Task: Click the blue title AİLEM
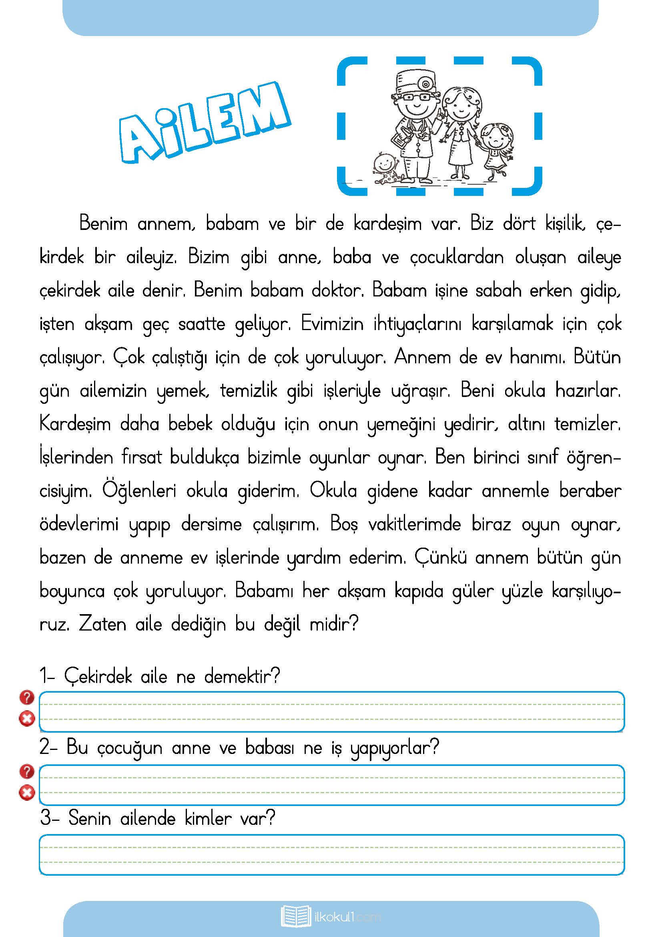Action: (204, 123)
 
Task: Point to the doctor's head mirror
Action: (425, 84)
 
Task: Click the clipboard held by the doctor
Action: (401, 137)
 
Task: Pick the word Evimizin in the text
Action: (332, 324)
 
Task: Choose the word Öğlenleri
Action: (139, 491)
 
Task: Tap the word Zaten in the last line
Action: (102, 625)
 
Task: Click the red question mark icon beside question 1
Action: (27, 697)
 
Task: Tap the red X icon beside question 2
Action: (27, 792)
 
